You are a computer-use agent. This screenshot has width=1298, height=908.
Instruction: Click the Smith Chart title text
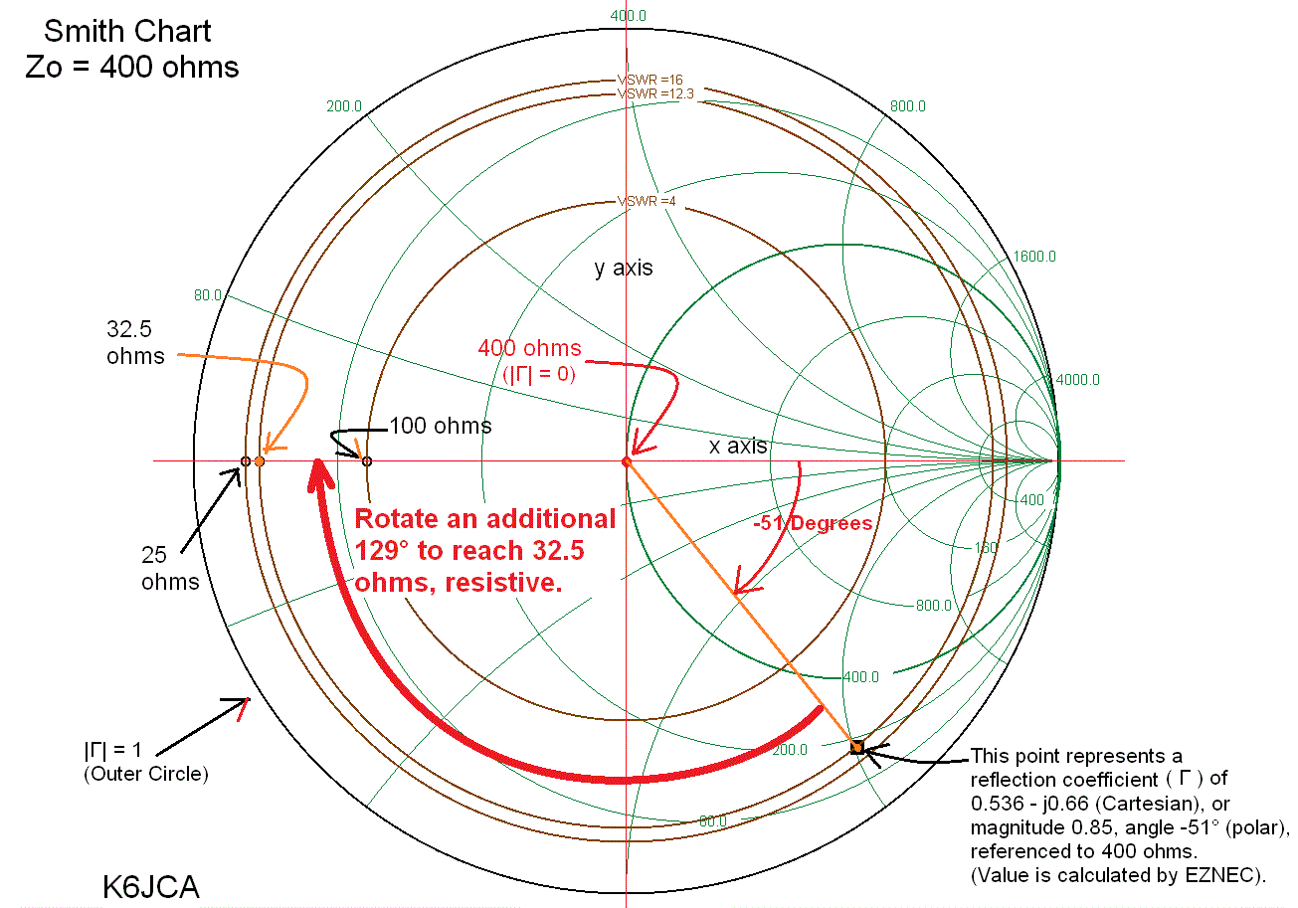coord(127,31)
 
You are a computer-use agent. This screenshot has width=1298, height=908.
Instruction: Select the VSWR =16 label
coord(649,80)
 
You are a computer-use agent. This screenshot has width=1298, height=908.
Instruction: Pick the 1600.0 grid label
coord(1034,257)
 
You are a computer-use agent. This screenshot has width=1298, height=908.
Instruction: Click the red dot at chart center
coord(627,461)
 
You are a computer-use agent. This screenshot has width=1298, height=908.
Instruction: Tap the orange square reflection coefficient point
coord(856,747)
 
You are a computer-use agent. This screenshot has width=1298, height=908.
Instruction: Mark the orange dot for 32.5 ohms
coord(260,461)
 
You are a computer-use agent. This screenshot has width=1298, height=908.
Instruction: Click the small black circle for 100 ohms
coord(367,461)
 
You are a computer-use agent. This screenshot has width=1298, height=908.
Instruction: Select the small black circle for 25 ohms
coord(245,461)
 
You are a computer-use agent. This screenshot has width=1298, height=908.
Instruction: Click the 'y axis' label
coord(624,269)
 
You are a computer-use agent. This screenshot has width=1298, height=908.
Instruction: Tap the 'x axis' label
coord(738,446)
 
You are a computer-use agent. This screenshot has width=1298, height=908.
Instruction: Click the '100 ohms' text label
coord(440,427)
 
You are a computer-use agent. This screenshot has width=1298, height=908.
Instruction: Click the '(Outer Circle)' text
coord(146,773)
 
